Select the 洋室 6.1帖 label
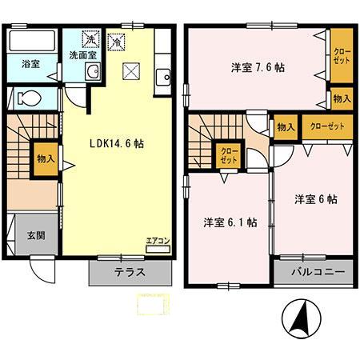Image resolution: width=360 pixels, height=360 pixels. click(x=230, y=222)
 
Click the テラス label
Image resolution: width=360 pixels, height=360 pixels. click(x=129, y=271)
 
